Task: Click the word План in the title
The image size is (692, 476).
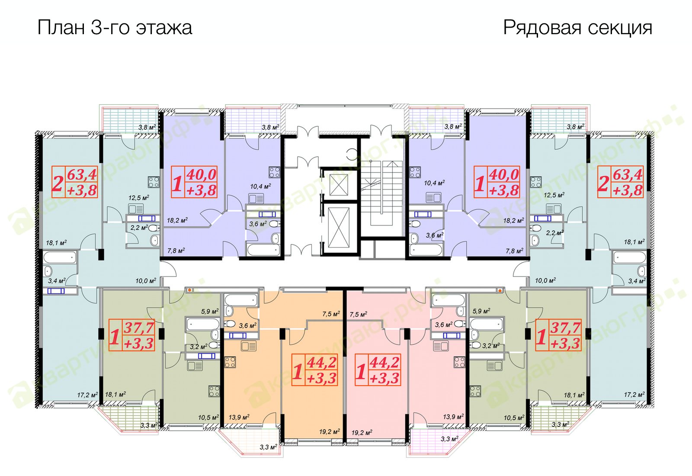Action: (x=61, y=28)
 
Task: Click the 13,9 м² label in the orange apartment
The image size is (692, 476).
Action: (x=239, y=417)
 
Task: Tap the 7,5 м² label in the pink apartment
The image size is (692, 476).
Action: (x=359, y=314)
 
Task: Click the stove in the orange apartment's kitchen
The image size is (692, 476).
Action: (x=230, y=362)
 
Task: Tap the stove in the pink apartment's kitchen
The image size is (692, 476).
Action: (x=459, y=362)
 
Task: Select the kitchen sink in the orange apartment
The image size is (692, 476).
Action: (x=249, y=347)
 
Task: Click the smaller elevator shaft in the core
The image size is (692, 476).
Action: (x=339, y=185)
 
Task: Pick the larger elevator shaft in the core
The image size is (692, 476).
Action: (x=339, y=228)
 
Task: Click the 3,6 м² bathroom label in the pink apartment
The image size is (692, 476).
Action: (x=444, y=325)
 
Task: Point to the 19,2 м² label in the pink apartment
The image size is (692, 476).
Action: (x=362, y=432)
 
